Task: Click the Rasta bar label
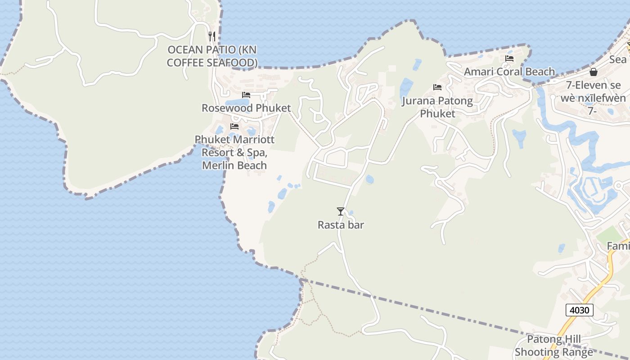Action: click(x=341, y=225)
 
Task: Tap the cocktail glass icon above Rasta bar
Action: click(x=341, y=211)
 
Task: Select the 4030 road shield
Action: click(x=580, y=310)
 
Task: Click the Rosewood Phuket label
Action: click(x=246, y=108)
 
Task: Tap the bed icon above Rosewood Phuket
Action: click(x=246, y=95)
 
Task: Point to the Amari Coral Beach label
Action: click(x=509, y=72)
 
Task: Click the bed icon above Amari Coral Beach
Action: click(x=509, y=58)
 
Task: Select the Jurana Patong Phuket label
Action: click(x=437, y=107)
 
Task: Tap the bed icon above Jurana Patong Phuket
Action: click(x=437, y=87)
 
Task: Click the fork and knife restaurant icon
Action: click(x=212, y=36)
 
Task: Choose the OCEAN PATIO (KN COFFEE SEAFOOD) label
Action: click(x=212, y=56)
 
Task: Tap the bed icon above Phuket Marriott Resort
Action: click(x=234, y=126)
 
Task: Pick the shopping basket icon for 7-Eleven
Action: click(x=594, y=72)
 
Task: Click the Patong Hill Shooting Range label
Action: click(x=553, y=346)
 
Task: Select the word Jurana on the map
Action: click(x=418, y=101)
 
